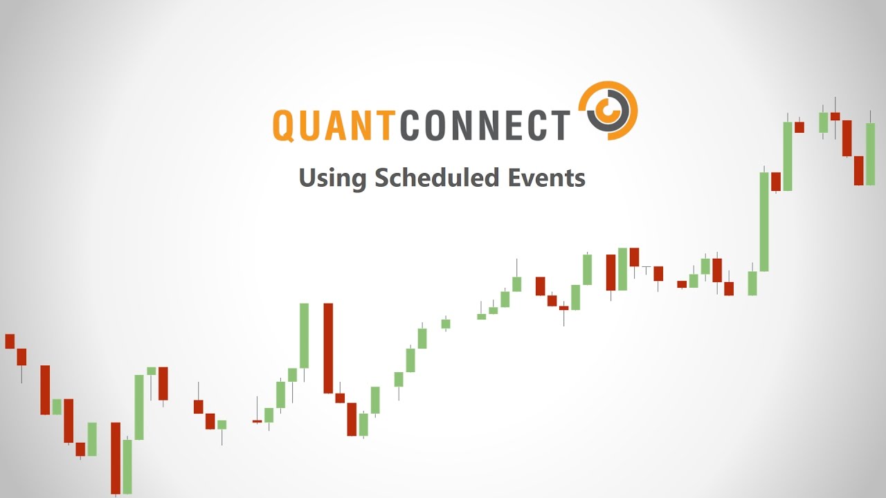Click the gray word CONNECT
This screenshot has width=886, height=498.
485,124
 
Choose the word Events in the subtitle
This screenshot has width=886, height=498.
547,178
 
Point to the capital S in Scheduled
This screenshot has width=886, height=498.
382,178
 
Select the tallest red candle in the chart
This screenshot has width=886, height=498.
328,348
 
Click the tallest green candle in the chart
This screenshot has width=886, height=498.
764,221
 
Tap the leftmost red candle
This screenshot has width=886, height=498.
10,341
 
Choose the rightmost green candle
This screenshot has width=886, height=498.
870,154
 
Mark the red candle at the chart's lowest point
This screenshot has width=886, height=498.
116,458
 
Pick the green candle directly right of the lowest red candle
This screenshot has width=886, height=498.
127,466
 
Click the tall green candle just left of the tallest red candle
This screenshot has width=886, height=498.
304,335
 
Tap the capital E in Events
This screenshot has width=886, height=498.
515,178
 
